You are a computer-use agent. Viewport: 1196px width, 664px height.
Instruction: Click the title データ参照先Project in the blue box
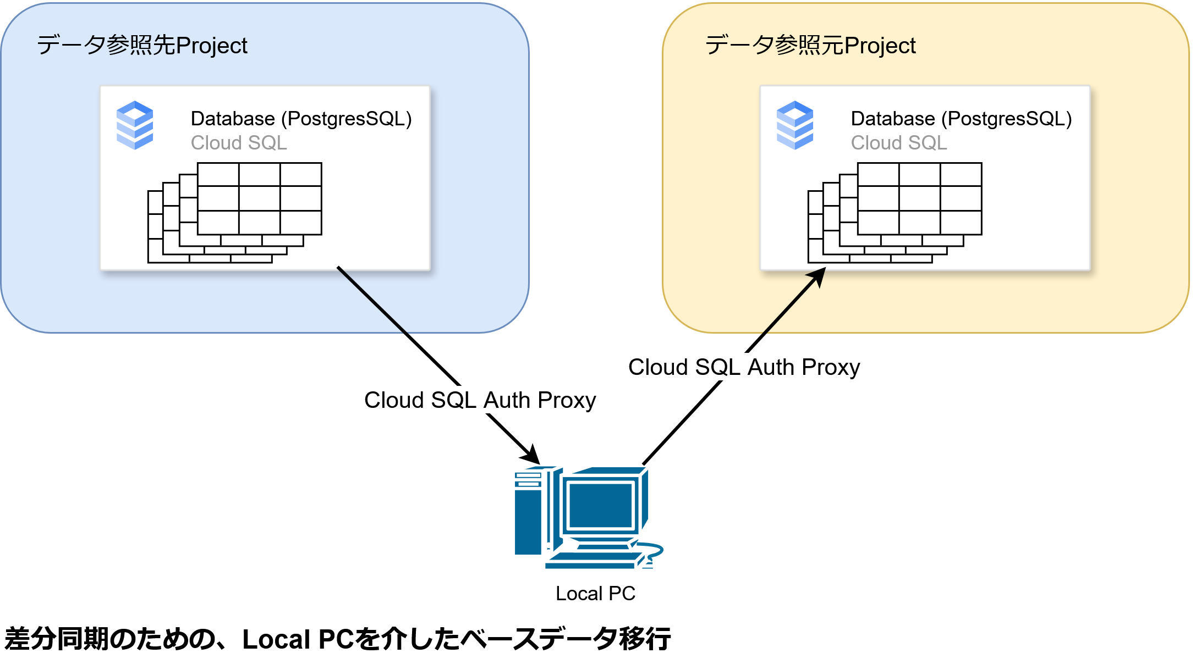coord(142,45)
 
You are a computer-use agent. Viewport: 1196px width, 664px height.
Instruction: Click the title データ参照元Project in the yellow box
coord(810,45)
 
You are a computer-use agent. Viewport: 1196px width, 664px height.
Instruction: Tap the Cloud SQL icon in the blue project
coord(135,125)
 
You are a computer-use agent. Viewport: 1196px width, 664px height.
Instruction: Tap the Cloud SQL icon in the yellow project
coord(795,125)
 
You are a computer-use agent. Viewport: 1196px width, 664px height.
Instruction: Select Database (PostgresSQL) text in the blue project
coord(301,119)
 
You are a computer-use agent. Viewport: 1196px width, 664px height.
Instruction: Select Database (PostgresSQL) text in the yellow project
coord(961,119)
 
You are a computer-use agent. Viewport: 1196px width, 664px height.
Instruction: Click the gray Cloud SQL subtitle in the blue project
coord(239,143)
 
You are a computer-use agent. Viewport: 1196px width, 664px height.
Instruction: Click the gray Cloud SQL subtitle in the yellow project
coord(899,143)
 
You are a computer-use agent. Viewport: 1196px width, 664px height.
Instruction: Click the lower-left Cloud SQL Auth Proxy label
coord(480,400)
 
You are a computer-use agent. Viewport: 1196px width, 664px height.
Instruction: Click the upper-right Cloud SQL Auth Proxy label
coord(744,367)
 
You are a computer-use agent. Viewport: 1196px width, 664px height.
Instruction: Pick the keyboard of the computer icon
coord(591,561)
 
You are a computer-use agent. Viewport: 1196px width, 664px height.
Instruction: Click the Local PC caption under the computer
coord(595,594)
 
